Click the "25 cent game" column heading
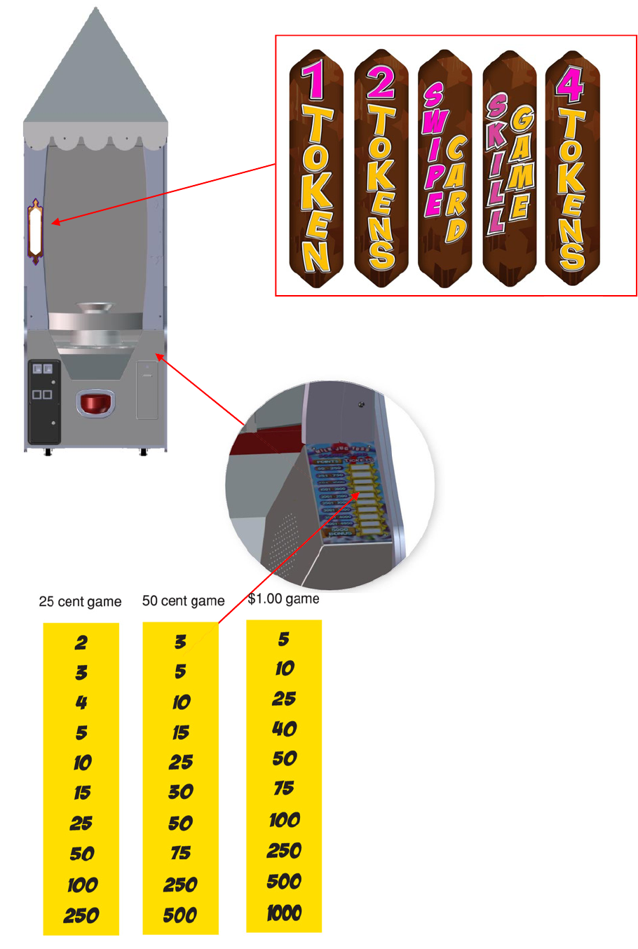[x=80, y=601]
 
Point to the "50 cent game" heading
[x=183, y=601]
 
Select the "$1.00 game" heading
[x=283, y=599]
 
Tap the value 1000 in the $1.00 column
[x=284, y=913]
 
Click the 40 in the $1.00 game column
[x=284, y=729]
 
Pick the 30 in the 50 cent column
[x=180, y=792]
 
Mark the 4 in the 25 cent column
[x=81, y=702]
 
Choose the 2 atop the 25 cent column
[x=81, y=642]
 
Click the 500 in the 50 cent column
[x=180, y=915]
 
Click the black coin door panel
[x=43, y=402]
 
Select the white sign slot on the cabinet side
[x=35, y=231]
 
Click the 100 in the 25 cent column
[x=82, y=885]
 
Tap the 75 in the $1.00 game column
[x=284, y=788]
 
